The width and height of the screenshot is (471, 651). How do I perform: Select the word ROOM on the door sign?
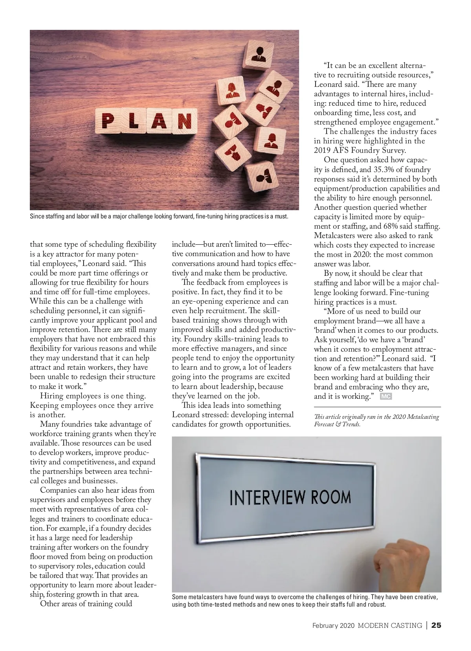(331, 497)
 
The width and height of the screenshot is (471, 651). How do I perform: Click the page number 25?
(436, 625)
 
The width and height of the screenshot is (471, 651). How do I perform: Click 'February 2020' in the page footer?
(334, 625)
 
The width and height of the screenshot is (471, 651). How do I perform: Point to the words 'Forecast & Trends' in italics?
(337, 424)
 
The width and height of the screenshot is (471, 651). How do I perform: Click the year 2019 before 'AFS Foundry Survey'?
(323, 150)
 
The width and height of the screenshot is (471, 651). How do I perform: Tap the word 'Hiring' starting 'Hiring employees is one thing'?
(52, 396)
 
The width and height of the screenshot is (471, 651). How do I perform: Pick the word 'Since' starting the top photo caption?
(37, 216)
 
